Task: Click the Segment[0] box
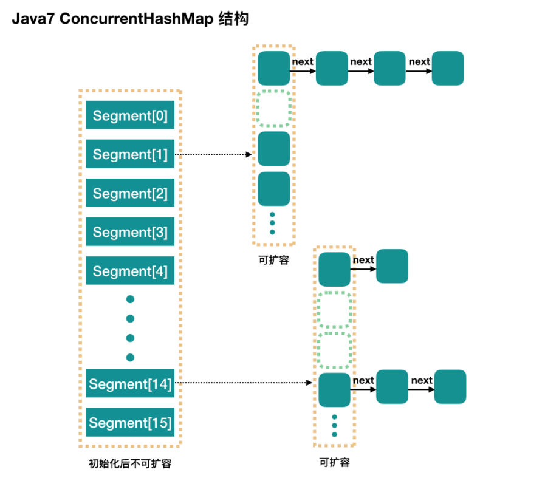[130, 115]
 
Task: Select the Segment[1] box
[130, 154]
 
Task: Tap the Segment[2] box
[130, 193]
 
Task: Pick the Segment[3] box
[130, 232]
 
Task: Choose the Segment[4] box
[130, 271]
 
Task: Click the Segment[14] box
[130, 384]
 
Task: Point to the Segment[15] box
[130, 423]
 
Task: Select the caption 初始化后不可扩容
[130, 464]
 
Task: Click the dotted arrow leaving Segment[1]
[213, 155]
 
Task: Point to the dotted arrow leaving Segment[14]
[243, 383]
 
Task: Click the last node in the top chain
[448, 68]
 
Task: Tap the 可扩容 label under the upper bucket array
[273, 260]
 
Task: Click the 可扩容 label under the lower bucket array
[335, 462]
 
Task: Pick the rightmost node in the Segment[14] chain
[450, 387]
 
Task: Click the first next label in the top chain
[303, 61]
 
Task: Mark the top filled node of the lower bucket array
[335, 269]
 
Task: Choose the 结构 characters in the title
[233, 19]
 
